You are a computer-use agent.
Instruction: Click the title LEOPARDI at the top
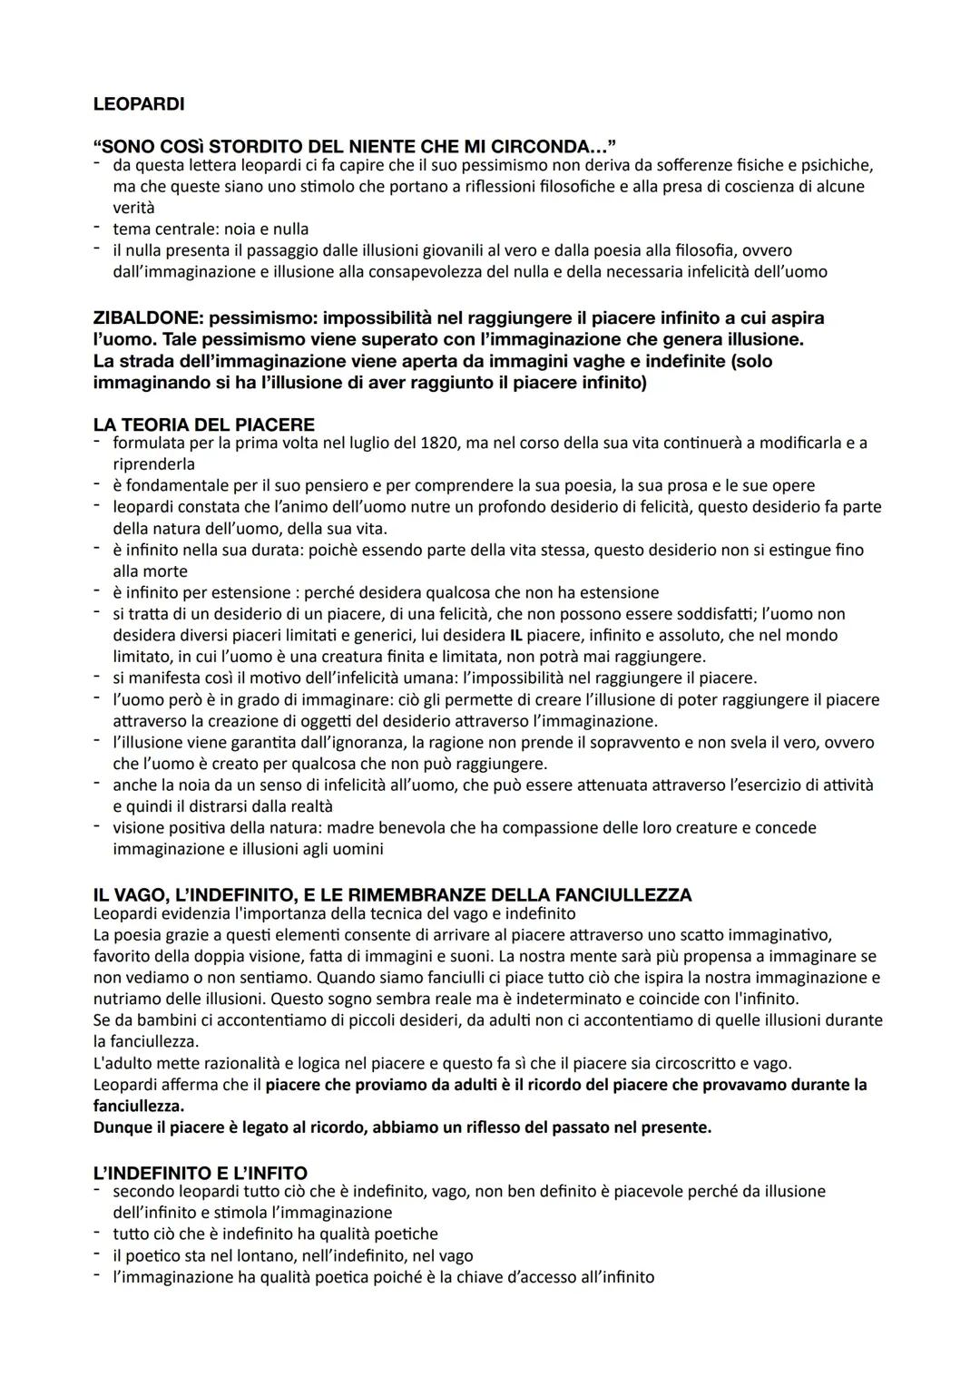click(x=138, y=104)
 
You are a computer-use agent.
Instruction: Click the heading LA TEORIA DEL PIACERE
click(x=203, y=424)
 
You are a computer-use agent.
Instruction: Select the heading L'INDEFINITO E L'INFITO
click(x=200, y=1173)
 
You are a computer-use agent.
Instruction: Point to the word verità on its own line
click(x=133, y=208)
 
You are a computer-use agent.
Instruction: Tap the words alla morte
click(x=150, y=571)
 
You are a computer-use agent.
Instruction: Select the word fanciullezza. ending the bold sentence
click(x=139, y=1107)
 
